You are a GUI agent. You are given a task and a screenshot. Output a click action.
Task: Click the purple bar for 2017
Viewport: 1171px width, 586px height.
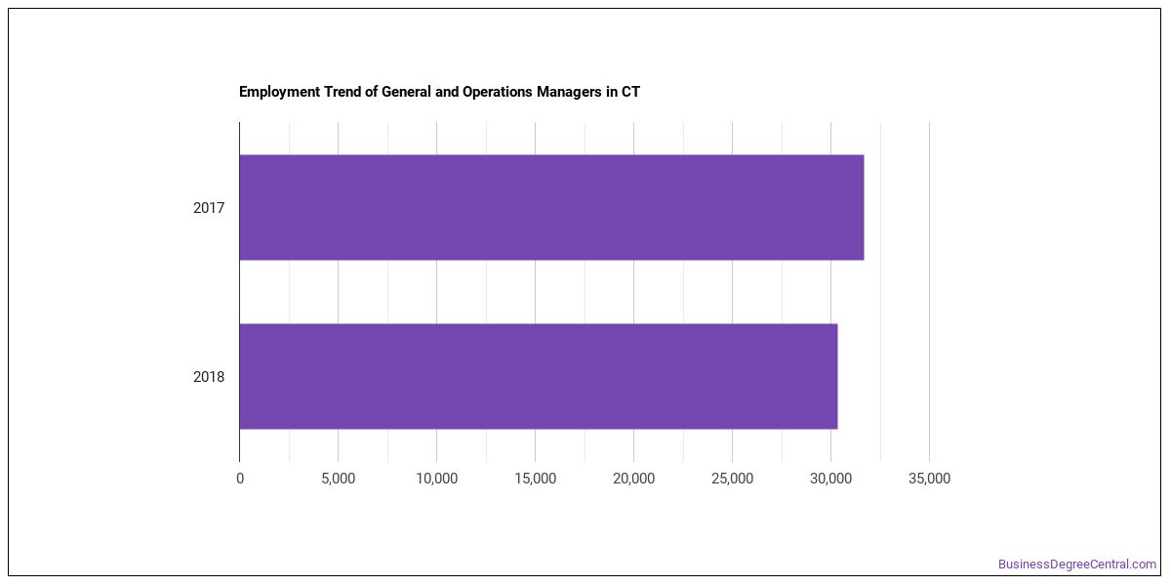(x=551, y=207)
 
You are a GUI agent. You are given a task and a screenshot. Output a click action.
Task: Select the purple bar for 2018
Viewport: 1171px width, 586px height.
(x=539, y=377)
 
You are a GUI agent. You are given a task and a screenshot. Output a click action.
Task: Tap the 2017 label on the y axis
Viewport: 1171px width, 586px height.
(x=209, y=208)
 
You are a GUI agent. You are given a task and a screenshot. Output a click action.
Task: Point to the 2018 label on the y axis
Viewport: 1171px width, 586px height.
(x=209, y=377)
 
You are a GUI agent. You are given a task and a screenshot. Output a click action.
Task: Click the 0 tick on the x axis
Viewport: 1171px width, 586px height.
(x=240, y=479)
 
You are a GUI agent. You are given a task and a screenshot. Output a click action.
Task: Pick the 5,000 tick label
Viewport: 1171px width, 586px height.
(x=339, y=479)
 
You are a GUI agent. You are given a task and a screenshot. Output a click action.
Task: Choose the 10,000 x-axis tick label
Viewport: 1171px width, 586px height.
(x=436, y=479)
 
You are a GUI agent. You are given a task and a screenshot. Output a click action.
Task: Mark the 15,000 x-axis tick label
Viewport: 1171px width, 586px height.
(x=536, y=479)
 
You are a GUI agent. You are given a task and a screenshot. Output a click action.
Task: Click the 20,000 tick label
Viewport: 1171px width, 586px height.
(x=633, y=479)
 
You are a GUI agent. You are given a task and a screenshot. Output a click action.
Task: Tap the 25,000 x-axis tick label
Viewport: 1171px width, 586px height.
(x=733, y=479)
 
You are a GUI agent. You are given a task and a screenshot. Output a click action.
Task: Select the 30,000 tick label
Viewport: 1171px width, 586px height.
(x=830, y=479)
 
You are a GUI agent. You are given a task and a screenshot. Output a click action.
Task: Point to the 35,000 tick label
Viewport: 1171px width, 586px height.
(x=929, y=479)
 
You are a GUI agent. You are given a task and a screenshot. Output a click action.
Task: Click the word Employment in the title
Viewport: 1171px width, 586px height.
(x=280, y=92)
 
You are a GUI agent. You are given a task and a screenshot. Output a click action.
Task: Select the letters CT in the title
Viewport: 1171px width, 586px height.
(x=630, y=92)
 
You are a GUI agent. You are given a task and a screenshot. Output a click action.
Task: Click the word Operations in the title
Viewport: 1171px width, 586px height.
(x=497, y=92)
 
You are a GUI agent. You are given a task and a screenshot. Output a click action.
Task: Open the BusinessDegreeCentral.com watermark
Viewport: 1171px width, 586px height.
(x=1077, y=565)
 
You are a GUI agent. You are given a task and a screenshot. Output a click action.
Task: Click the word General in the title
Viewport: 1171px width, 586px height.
(x=406, y=92)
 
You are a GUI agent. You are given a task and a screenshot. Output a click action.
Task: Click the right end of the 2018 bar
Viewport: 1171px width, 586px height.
(x=837, y=377)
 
